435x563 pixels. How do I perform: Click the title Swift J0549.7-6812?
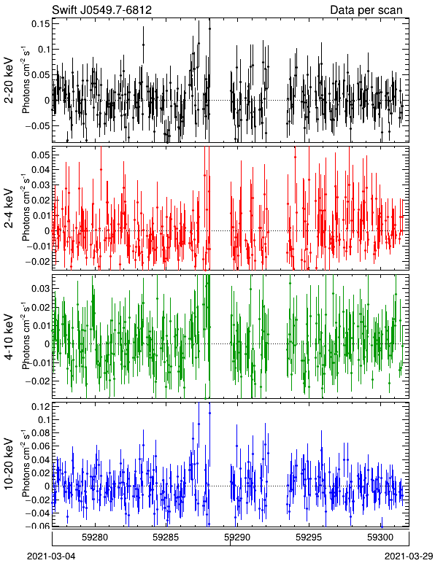click(101, 9)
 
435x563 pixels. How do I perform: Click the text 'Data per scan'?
click(366, 9)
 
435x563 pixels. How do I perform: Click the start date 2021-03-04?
click(52, 556)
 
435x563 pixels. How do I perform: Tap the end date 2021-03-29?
click(409, 556)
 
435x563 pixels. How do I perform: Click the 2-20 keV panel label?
click(9, 81)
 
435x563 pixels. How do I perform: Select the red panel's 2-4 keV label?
click(9, 209)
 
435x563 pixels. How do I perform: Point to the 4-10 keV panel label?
click(9, 337)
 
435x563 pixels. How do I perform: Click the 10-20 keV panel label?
click(9, 464)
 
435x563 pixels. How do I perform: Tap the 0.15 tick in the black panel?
click(41, 24)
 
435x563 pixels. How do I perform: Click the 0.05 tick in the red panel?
click(41, 155)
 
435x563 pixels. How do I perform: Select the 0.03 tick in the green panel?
click(41, 288)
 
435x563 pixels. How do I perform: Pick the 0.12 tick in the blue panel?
click(41, 406)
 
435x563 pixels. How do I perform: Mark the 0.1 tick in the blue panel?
click(44, 419)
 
